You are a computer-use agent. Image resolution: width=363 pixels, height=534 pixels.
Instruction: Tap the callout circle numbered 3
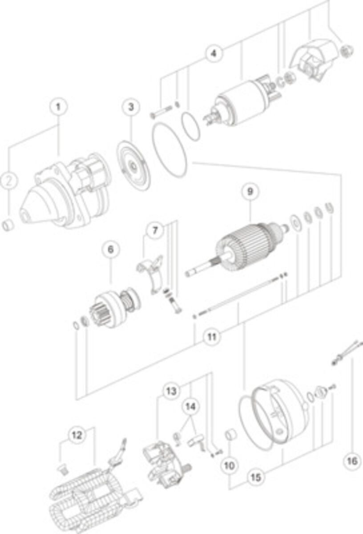[x=131, y=107]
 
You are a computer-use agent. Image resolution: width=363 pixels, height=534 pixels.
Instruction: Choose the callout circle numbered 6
[x=111, y=250]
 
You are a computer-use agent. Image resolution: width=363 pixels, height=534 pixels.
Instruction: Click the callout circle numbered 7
[x=155, y=231]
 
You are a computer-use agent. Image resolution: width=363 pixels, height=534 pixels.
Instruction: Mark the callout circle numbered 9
[x=250, y=191]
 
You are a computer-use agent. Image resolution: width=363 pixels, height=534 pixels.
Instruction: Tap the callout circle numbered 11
[x=212, y=337]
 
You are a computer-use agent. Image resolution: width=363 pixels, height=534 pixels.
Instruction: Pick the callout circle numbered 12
[x=77, y=435]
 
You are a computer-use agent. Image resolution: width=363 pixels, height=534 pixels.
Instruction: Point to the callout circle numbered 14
[x=190, y=406]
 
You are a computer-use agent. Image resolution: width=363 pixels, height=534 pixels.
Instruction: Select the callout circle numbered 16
[x=352, y=461]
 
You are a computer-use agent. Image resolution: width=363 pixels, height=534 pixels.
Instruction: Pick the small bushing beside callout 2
[x=8, y=225]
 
